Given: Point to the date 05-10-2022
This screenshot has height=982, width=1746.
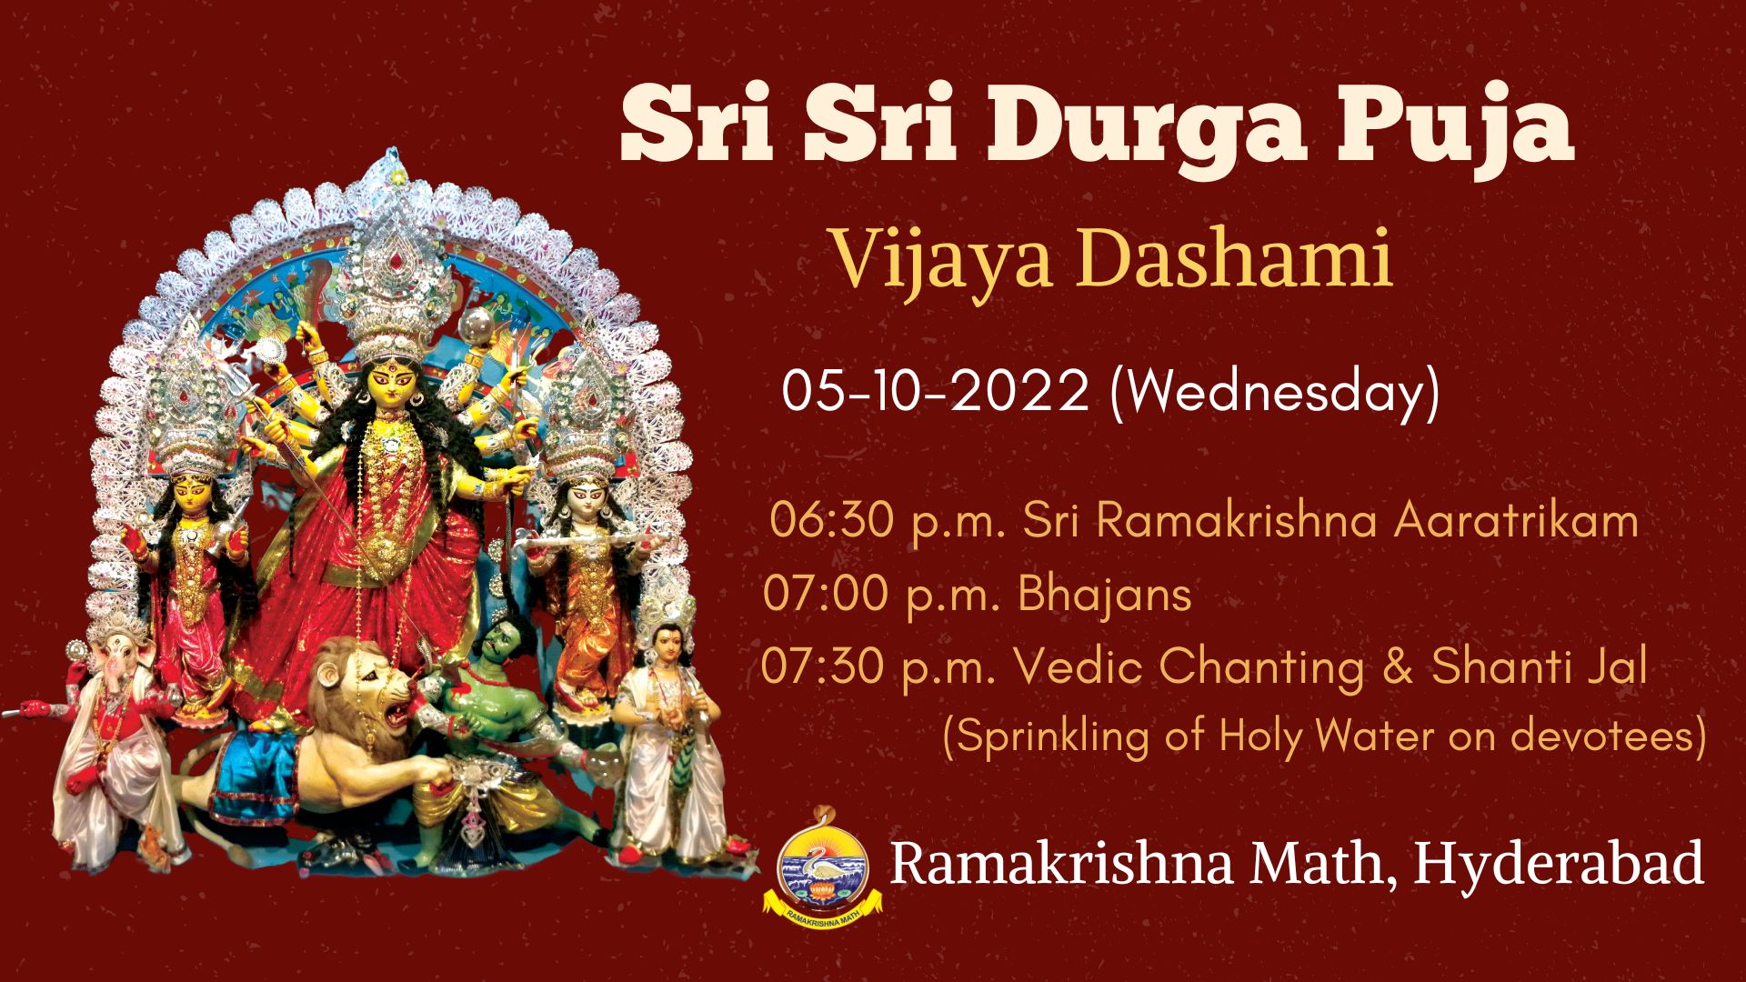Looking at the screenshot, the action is (935, 391).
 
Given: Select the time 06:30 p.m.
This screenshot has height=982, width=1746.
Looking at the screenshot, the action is (887, 521).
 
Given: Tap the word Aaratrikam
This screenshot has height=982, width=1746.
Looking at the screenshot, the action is (1516, 521).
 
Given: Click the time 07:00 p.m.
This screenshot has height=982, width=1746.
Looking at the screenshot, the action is (881, 595).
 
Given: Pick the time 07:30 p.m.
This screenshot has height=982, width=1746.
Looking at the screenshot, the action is (878, 666).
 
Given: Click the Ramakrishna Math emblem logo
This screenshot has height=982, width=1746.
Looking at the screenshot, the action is (823, 865).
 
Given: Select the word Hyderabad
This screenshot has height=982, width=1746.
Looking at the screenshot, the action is (1558, 865).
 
